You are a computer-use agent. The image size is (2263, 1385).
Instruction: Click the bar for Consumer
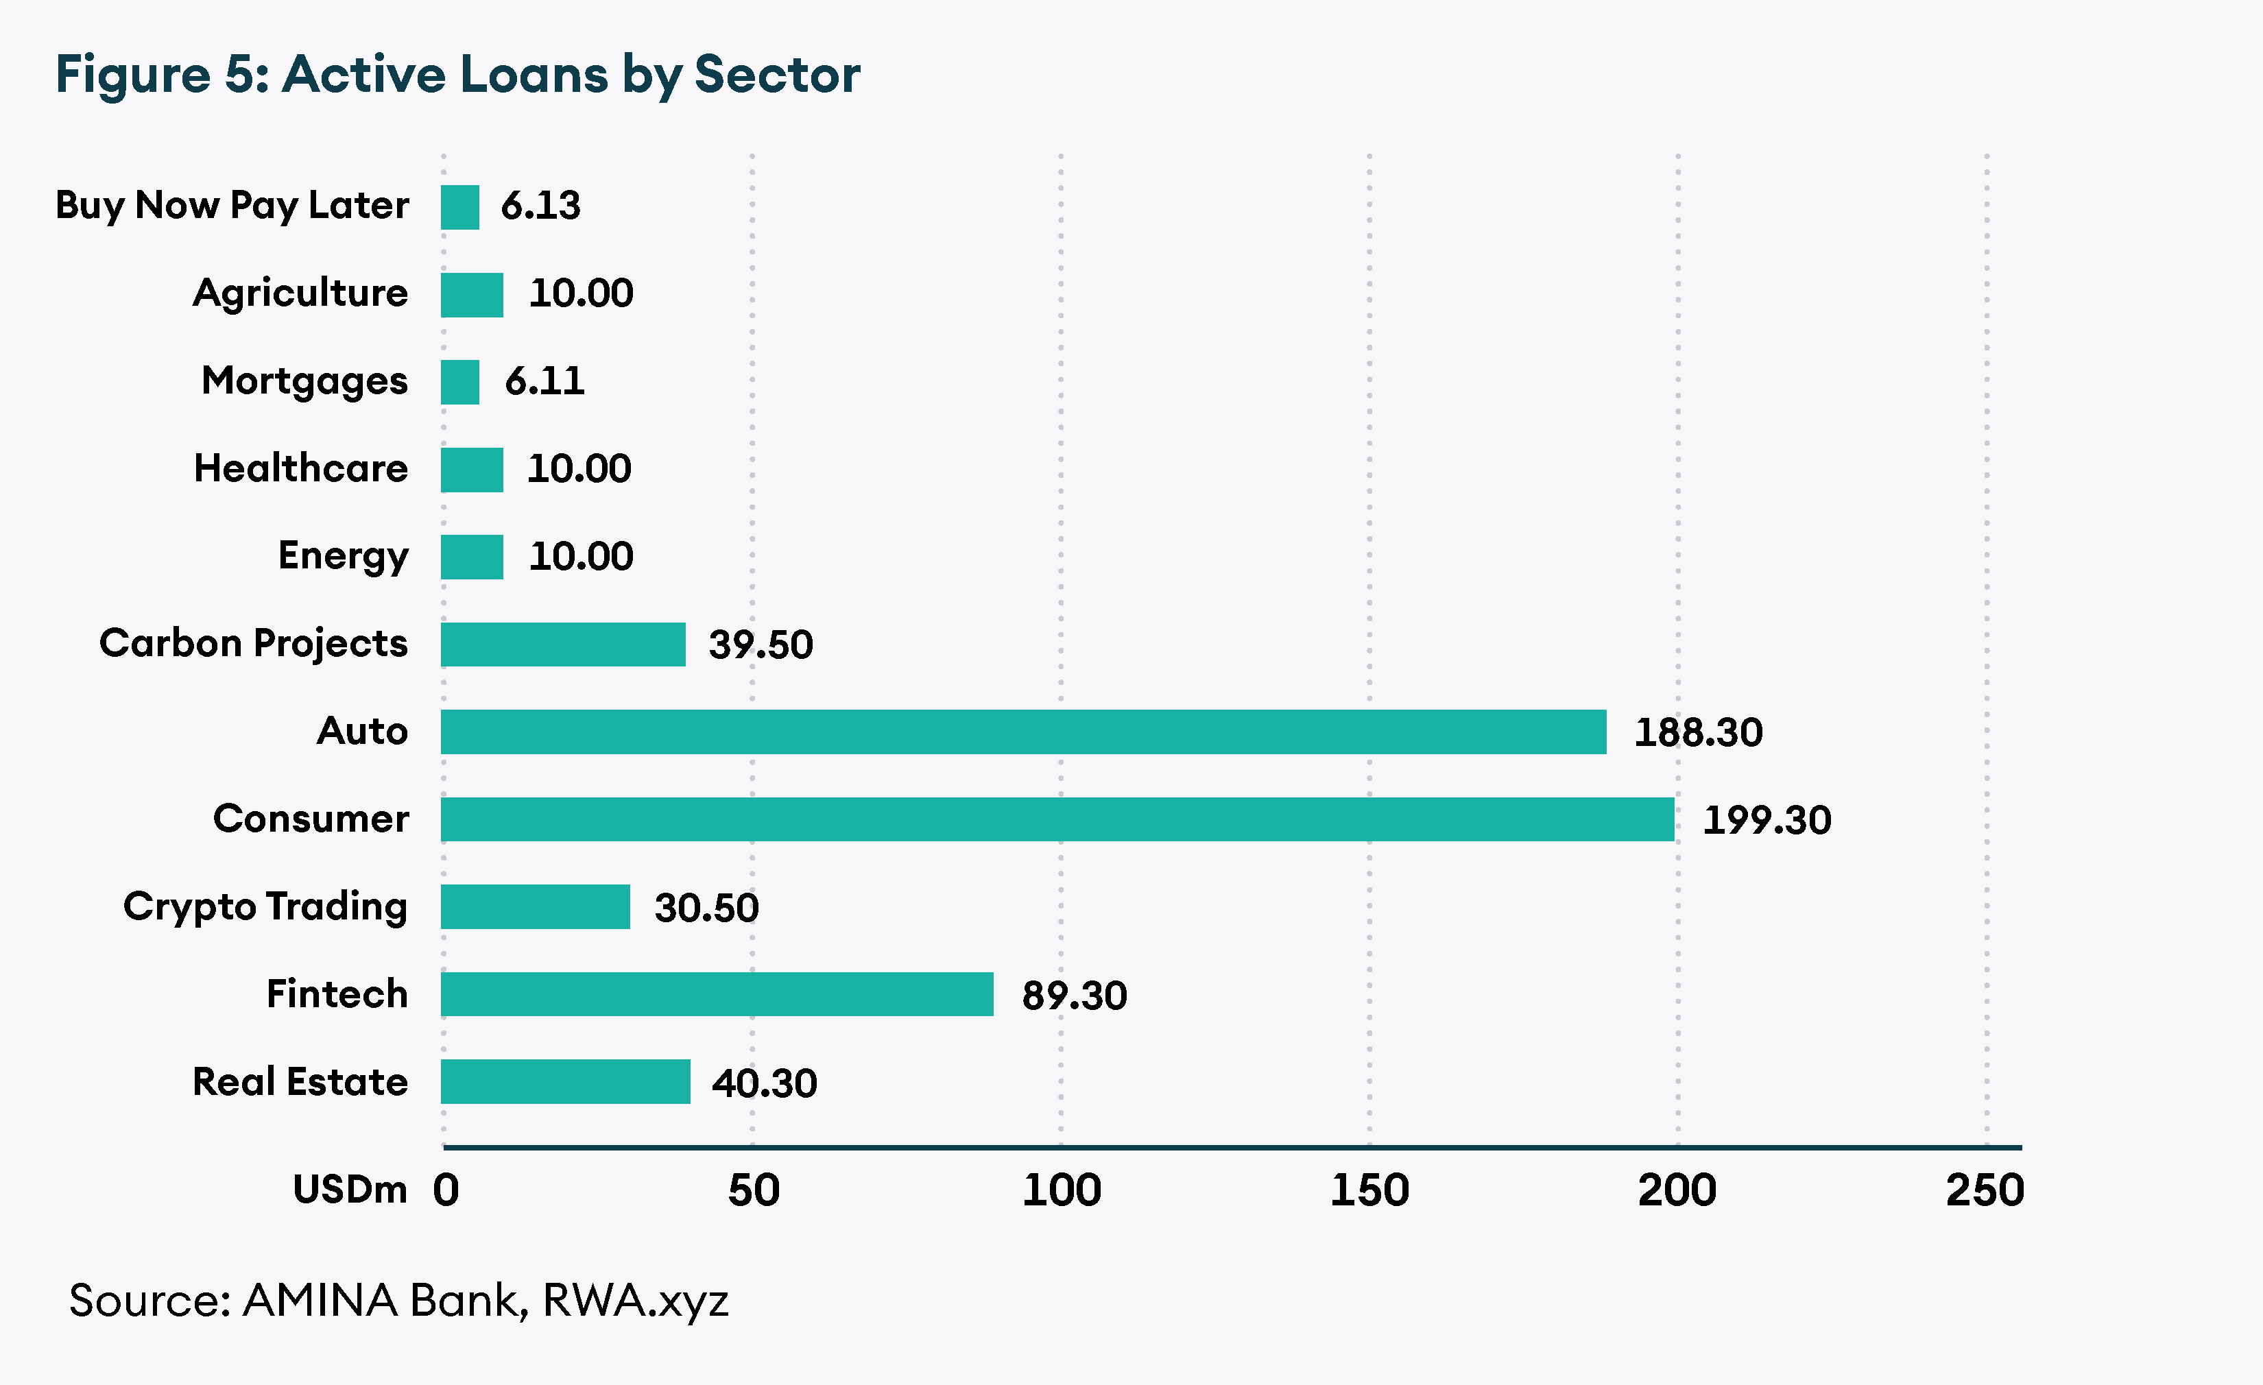point(1056,819)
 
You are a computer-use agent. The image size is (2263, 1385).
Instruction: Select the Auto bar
point(1023,732)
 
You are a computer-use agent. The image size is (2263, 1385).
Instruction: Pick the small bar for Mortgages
point(459,382)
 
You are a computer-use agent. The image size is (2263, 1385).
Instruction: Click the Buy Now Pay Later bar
point(459,206)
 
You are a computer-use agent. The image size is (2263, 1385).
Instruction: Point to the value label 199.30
point(1766,820)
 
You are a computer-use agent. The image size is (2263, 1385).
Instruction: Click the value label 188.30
point(1698,733)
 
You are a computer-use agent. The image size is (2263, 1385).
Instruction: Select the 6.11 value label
point(544,381)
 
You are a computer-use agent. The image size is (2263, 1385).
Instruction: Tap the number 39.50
point(761,645)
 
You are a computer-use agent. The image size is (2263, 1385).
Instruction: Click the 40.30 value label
point(764,1083)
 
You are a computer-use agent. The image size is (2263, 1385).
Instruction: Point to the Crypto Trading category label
point(265,906)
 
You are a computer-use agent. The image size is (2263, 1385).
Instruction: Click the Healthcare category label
point(300,468)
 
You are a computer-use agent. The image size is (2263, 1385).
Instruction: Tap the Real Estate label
point(300,1082)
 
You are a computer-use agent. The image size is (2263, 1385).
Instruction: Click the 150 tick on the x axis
point(1369,1190)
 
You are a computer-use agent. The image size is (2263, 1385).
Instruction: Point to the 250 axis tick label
point(1985,1190)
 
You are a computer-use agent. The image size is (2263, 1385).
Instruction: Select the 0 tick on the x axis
point(446,1190)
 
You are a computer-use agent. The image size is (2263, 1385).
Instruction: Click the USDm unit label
point(350,1190)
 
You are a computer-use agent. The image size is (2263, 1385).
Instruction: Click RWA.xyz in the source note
point(636,1301)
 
